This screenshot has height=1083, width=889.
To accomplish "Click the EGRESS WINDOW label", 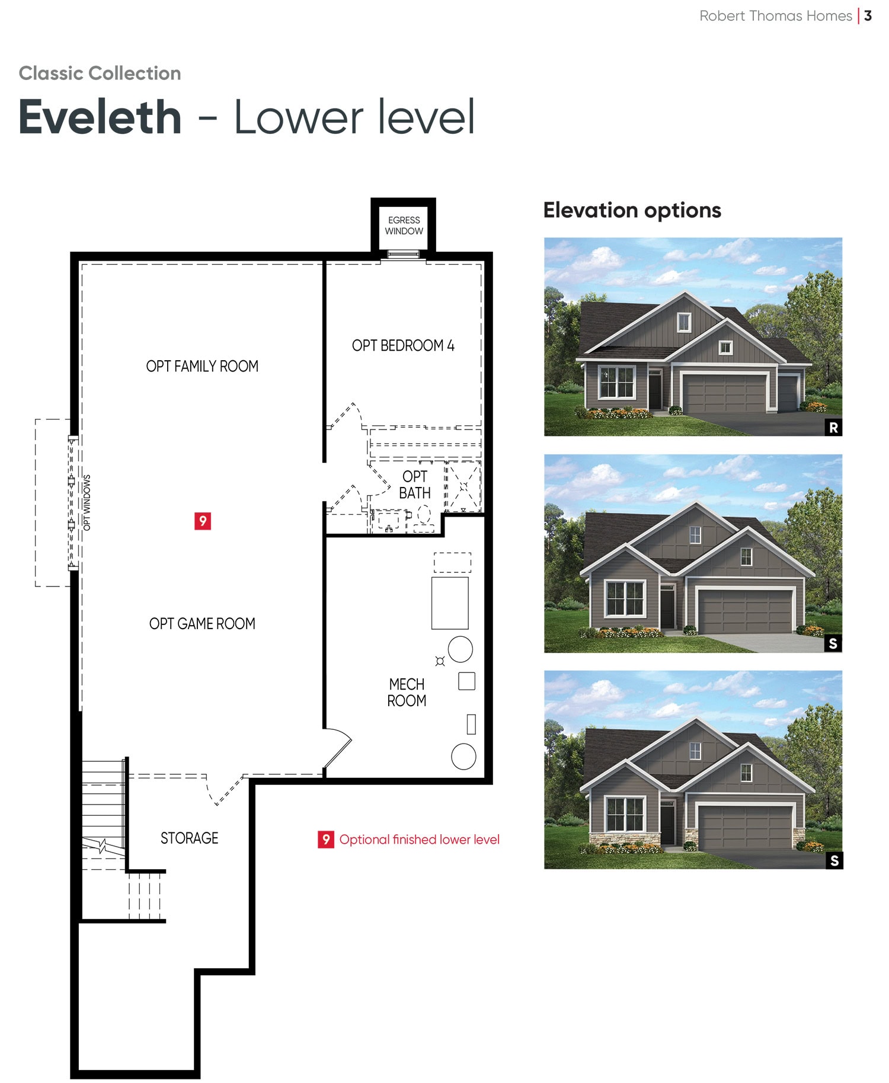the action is point(404,225).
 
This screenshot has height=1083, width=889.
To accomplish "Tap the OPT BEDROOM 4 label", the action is point(403,345).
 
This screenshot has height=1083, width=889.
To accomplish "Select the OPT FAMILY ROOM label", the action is point(202,366).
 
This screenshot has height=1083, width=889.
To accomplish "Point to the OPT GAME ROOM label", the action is point(202,623).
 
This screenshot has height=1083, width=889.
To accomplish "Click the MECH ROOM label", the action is point(407,692).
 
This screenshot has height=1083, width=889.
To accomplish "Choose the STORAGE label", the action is point(190,838).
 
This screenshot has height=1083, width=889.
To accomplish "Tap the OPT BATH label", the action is point(415,485).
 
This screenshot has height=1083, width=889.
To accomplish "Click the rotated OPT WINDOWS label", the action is point(87,502).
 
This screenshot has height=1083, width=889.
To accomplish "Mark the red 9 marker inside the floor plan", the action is point(203,521).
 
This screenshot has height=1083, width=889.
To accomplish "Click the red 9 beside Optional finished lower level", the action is point(325,839).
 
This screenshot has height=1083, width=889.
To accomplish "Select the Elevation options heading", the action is point(632,210).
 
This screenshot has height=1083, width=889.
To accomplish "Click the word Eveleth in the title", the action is point(100,117).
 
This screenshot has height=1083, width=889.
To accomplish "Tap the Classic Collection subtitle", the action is point(100,73).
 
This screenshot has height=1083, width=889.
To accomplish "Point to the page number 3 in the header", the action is point(868,16).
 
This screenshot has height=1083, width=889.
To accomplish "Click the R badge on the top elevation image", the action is point(833,427).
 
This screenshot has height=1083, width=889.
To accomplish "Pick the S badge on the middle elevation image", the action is point(833,643).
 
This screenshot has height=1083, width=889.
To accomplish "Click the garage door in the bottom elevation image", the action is point(745,827).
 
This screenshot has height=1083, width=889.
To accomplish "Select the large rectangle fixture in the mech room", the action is point(450,603).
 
